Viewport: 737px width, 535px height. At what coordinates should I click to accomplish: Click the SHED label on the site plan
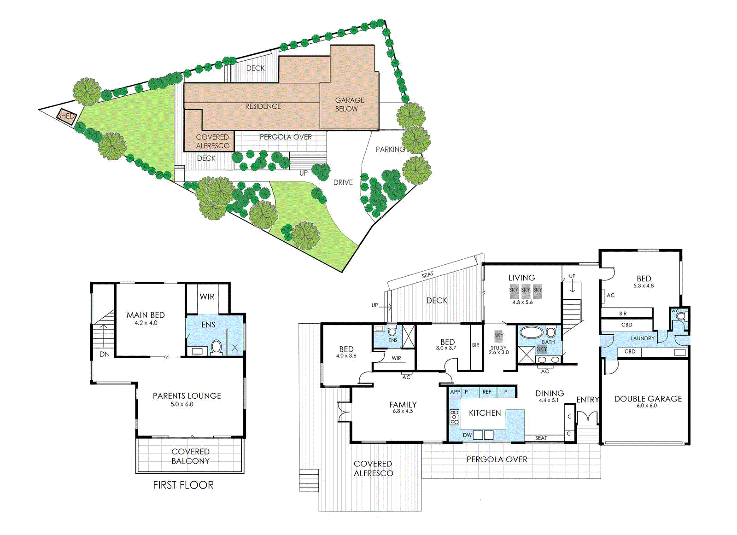click(x=66, y=116)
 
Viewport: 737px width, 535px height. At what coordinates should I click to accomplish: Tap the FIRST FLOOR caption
click(x=183, y=485)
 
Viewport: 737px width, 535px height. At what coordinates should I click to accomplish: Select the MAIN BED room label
click(x=146, y=315)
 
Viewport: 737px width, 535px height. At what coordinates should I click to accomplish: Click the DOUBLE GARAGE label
click(x=648, y=399)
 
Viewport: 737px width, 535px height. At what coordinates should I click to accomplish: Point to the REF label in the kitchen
click(x=486, y=392)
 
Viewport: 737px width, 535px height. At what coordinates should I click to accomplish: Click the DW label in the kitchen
click(x=467, y=435)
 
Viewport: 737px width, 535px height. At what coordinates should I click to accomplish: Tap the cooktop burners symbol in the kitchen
click(x=454, y=417)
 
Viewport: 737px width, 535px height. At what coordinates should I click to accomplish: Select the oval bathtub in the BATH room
click(x=532, y=331)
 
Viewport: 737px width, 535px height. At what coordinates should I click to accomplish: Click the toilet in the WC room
click(x=681, y=316)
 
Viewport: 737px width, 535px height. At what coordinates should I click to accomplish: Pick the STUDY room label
click(x=498, y=348)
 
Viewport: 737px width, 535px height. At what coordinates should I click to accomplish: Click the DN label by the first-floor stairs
click(x=104, y=355)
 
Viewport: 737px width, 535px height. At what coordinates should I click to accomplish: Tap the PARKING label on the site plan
click(x=390, y=149)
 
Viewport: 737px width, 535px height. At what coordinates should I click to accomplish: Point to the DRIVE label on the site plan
click(x=343, y=182)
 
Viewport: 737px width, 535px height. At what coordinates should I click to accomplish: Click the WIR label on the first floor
click(x=207, y=297)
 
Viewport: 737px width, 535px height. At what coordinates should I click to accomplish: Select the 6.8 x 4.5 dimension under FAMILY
click(x=403, y=411)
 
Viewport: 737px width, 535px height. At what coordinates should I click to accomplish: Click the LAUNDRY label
click(x=642, y=338)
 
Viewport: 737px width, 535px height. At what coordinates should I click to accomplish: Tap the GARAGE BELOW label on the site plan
click(x=350, y=105)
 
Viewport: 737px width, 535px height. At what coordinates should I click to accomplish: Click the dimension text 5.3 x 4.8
click(x=643, y=286)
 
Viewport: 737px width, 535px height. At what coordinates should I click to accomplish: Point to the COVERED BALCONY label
click(x=191, y=456)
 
